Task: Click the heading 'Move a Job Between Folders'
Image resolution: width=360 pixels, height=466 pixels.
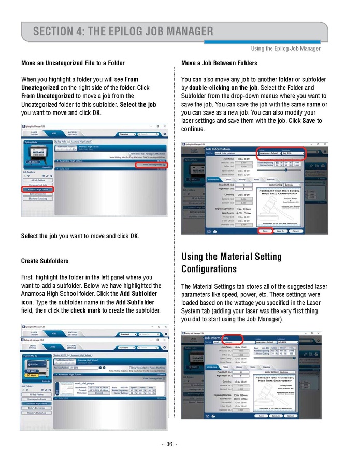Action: point(219,63)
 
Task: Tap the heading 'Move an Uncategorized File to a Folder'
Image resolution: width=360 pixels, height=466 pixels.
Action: point(73,63)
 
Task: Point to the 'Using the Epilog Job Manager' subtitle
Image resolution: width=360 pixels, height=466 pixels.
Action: point(285,49)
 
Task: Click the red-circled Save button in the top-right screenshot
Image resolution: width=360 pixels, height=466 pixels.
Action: point(265,231)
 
